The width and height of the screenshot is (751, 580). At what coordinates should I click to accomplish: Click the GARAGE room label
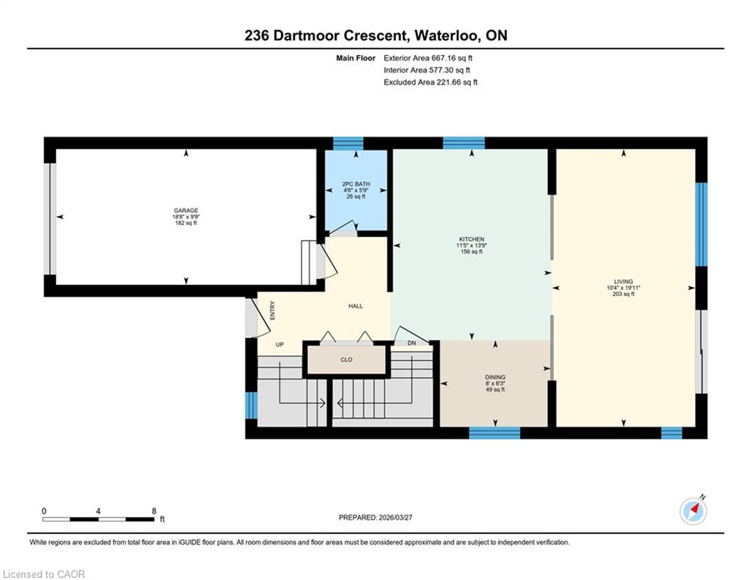[186, 211]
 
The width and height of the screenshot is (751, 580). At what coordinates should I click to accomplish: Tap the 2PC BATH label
[355, 184]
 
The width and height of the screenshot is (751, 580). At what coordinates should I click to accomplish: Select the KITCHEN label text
[472, 239]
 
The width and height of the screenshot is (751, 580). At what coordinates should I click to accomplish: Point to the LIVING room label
[623, 282]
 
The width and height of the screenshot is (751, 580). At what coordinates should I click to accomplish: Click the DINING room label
[495, 378]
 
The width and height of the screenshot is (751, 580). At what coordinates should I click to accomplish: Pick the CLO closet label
[346, 359]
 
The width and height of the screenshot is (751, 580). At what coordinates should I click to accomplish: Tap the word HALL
[355, 306]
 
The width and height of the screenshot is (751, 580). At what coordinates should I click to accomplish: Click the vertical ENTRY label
[272, 310]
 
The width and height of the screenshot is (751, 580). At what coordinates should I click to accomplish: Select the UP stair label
[280, 344]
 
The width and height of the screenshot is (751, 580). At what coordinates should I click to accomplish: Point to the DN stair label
[411, 343]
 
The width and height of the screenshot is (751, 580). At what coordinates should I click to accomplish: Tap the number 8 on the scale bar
[154, 511]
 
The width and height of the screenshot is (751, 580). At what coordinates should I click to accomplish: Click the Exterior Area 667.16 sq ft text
[428, 58]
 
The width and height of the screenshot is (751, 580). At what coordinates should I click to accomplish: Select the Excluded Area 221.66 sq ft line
[430, 82]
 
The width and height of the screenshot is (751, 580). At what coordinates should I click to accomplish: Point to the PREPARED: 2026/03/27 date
[376, 517]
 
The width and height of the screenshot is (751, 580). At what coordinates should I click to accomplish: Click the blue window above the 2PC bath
[348, 143]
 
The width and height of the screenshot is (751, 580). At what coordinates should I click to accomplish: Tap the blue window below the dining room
[494, 433]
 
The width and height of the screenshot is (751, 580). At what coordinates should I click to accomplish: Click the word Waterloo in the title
[448, 35]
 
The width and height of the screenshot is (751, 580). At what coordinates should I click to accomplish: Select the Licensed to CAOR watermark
[44, 574]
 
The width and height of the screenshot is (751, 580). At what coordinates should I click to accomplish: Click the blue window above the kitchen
[463, 143]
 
